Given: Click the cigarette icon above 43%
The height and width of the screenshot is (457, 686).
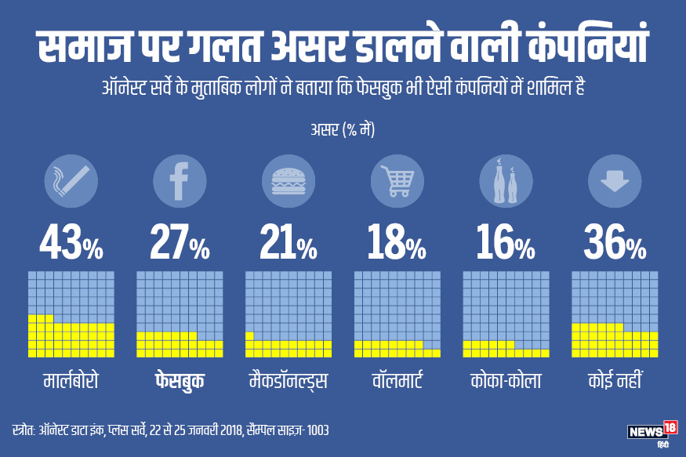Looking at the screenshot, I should click(x=71, y=181).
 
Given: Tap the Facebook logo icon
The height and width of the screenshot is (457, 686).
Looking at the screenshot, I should click(x=180, y=181).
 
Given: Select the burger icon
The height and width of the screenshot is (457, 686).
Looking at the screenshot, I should click(x=289, y=181).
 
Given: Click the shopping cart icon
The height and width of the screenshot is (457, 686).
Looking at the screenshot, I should click(x=397, y=181).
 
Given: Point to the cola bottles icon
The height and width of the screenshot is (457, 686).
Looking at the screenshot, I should click(x=506, y=181).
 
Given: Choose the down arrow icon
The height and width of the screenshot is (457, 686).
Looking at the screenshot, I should click(x=615, y=181).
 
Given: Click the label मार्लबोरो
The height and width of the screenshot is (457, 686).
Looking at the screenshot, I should click(x=71, y=382).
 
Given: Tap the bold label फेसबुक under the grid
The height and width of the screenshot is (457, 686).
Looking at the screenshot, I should click(x=180, y=382).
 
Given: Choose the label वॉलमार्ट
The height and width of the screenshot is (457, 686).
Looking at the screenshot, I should click(x=397, y=382).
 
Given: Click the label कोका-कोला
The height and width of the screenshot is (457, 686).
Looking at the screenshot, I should click(x=506, y=382).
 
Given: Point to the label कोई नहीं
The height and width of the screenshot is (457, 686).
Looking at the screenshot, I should click(x=615, y=382).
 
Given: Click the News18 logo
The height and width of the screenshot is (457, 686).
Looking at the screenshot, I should click(x=652, y=432).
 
